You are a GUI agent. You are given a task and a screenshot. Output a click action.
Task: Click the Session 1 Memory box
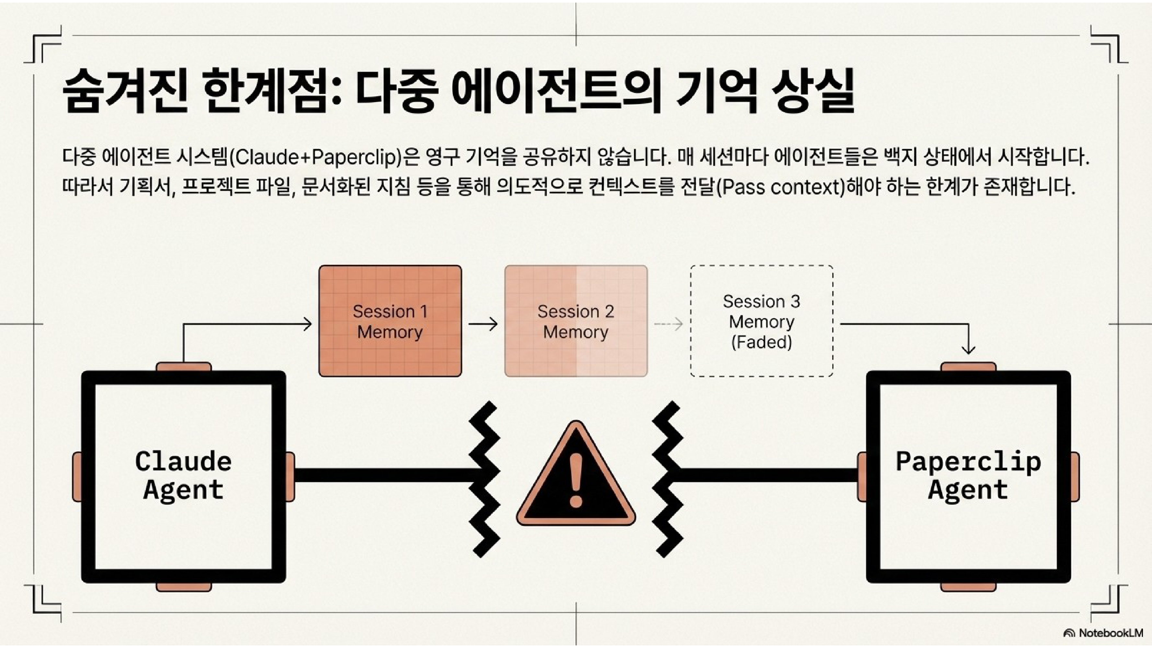[x=390, y=321]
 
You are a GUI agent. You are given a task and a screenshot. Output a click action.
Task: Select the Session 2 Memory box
[x=576, y=321]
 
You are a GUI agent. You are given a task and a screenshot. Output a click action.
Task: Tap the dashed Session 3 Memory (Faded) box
[x=761, y=321]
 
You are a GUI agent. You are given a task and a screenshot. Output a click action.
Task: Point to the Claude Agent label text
[x=183, y=475]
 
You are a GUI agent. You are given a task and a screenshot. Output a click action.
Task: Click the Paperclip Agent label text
[x=968, y=475]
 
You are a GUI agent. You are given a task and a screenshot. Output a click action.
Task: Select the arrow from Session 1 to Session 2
[x=483, y=324]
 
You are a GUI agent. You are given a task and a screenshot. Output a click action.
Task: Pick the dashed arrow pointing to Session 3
[x=669, y=324]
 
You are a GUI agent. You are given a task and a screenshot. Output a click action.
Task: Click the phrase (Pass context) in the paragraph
[x=780, y=187]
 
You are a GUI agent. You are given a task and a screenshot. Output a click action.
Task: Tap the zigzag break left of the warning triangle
[x=485, y=479]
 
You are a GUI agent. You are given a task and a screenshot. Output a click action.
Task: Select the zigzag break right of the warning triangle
[x=668, y=479]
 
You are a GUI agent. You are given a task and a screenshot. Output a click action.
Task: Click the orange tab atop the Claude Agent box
[x=183, y=367]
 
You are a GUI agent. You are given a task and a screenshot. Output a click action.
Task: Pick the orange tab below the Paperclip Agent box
[x=968, y=587]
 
